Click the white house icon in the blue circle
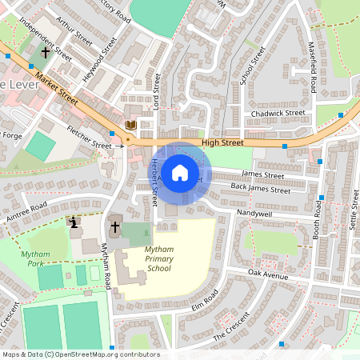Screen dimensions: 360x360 180,172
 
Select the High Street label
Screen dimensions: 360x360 222,142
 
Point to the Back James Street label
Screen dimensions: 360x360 260,190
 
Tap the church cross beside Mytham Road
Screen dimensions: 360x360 115,227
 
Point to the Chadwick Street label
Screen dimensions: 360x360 278,114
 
